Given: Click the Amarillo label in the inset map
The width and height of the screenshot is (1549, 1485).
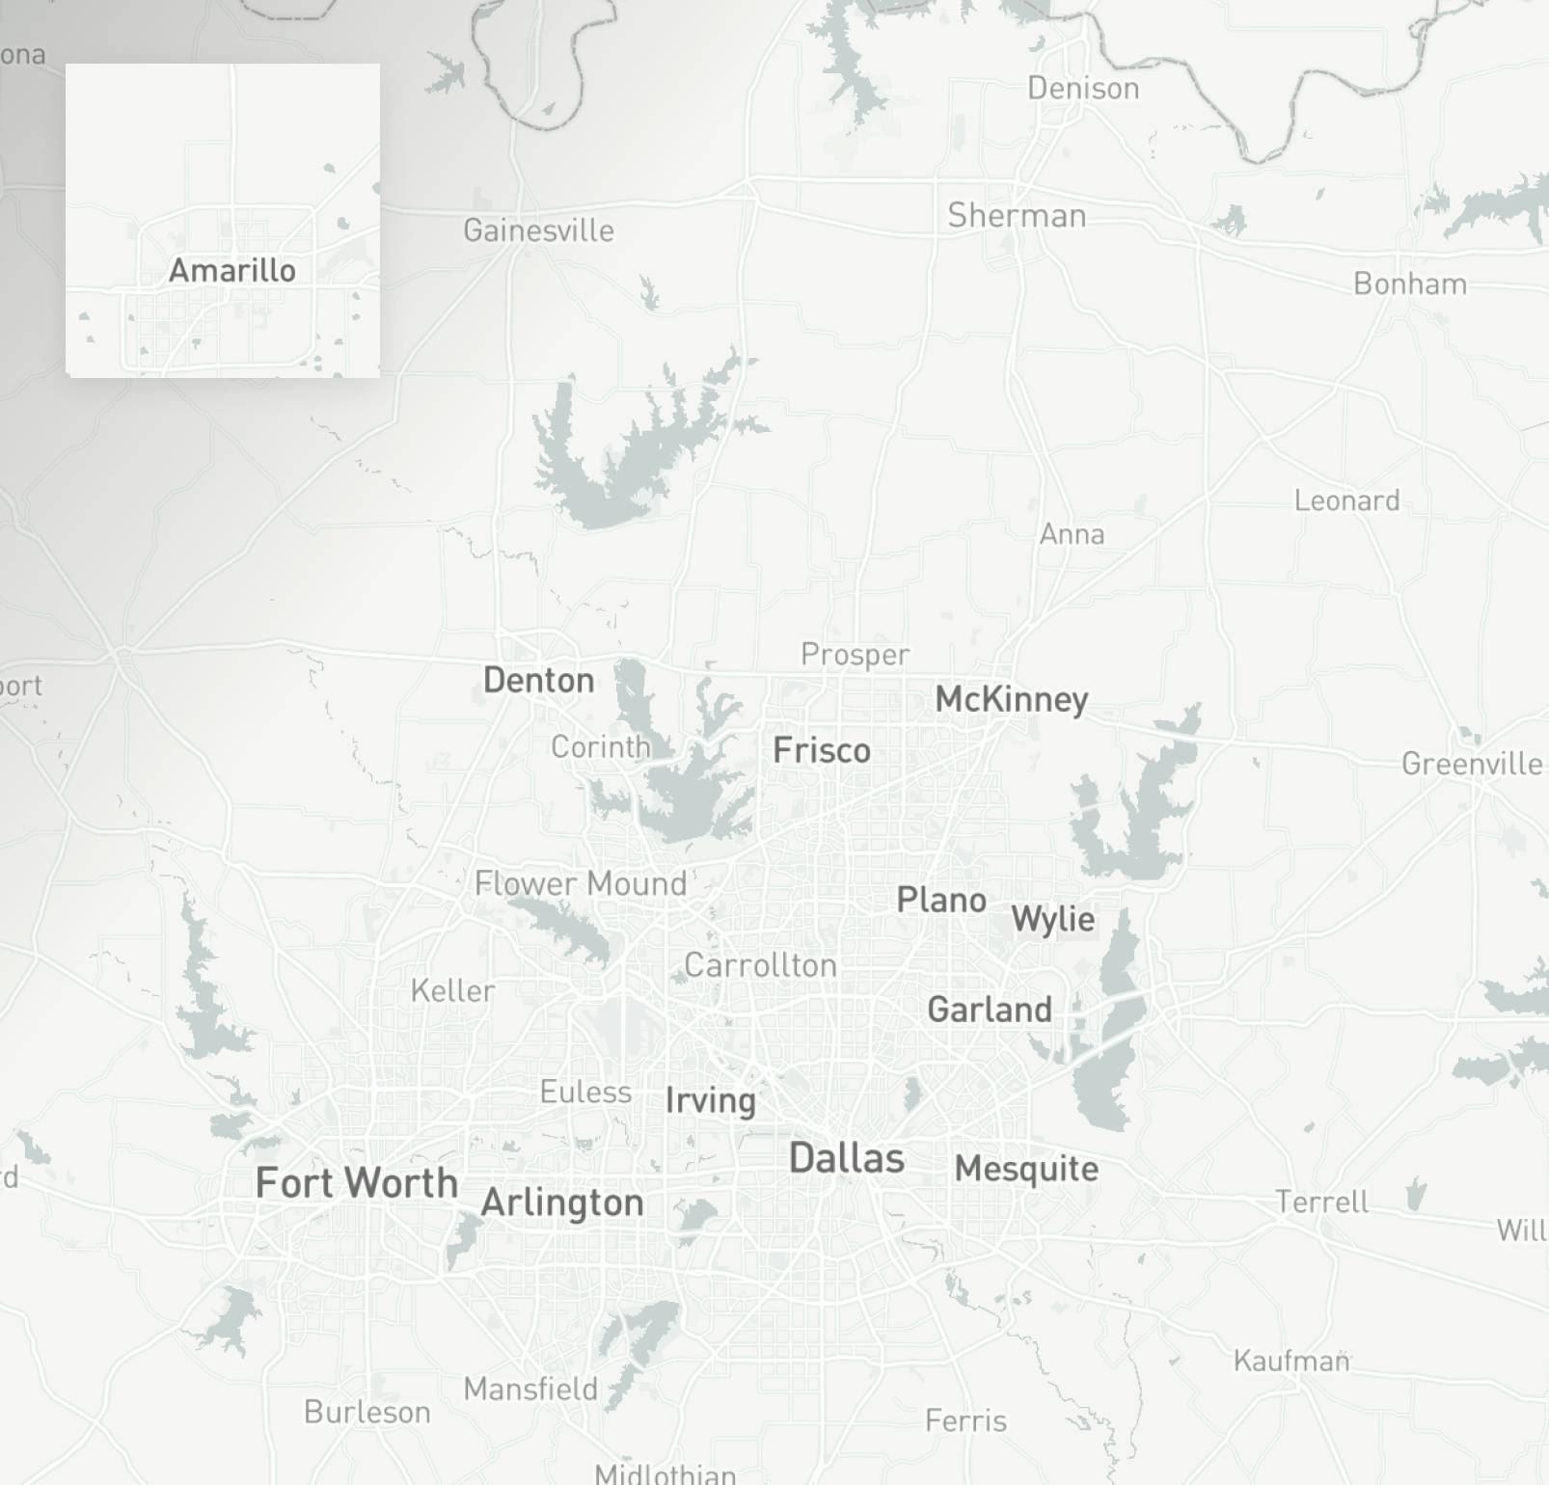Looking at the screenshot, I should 231,270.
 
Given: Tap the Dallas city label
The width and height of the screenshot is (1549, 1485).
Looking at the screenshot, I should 847,1158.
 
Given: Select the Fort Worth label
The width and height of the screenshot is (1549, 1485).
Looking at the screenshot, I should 356,1182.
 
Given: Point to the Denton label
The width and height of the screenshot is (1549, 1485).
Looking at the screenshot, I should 538,680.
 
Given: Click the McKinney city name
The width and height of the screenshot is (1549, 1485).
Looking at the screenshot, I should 1011,699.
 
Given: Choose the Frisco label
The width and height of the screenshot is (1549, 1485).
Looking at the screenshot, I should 822,750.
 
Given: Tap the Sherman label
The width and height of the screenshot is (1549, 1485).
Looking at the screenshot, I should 1017,215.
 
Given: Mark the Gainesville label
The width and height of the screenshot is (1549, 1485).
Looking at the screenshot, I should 538,230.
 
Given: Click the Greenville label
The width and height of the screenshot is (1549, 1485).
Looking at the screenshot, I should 1472,764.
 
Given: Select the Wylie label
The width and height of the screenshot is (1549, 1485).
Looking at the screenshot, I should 1052,919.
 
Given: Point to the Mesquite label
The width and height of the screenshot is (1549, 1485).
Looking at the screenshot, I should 1026,1169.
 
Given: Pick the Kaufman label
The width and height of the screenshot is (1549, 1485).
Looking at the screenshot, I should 1291,1361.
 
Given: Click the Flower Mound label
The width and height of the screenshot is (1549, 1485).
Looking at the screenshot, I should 581,883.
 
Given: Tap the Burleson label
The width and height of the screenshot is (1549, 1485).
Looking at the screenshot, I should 367,1412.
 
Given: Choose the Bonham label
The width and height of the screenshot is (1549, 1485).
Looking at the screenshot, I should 1410,283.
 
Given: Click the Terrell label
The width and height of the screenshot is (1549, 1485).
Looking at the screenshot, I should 1321,1201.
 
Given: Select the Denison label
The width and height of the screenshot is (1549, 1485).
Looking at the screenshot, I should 1083,89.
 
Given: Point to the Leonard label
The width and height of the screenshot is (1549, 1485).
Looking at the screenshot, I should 1346,500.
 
